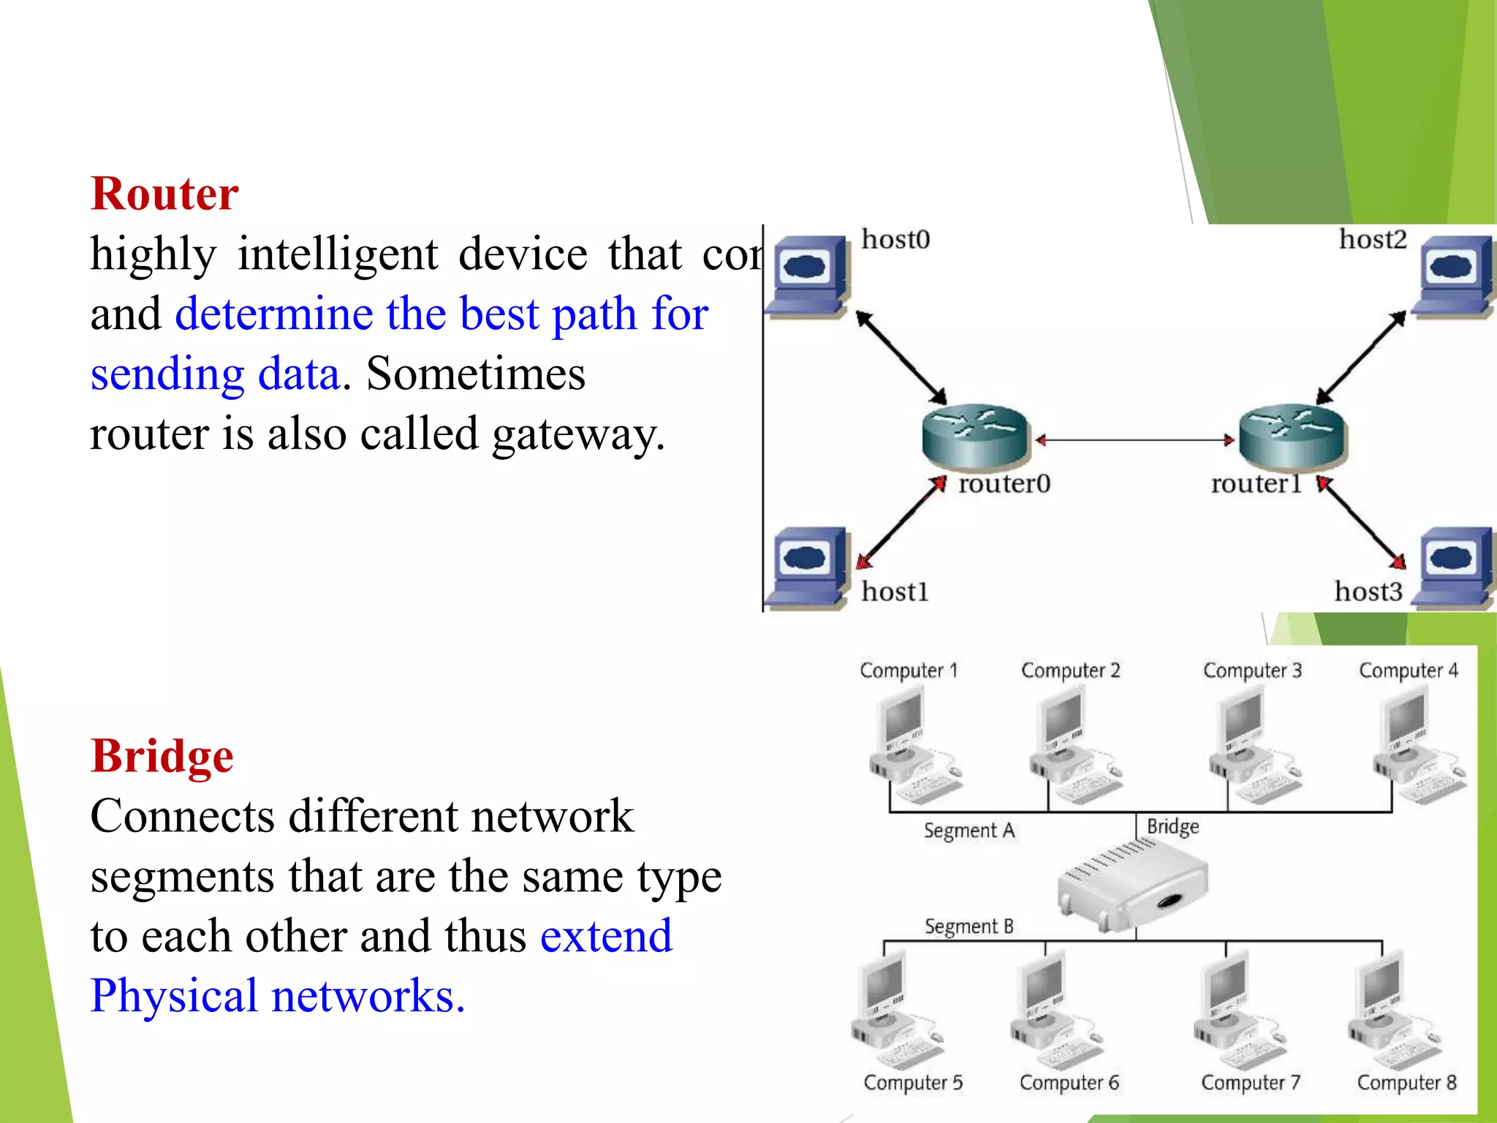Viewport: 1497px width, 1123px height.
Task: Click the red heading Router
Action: [x=164, y=194]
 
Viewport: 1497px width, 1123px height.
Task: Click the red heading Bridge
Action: [x=162, y=756]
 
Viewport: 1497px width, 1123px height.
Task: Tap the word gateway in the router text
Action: [x=577, y=436]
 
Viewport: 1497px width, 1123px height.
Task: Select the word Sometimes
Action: [x=475, y=374]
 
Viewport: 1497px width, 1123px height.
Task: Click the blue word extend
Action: [x=606, y=937]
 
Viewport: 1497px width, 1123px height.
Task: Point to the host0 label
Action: [x=895, y=240]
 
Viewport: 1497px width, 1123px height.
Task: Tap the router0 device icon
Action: [x=975, y=436]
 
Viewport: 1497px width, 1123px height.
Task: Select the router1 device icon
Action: [x=1292, y=436]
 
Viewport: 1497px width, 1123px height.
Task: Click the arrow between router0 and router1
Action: [x=1134, y=440]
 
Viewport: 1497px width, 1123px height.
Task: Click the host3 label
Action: [x=1368, y=591]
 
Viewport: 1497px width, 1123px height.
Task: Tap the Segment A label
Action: [x=969, y=831]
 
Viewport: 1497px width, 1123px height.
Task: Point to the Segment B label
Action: [x=969, y=927]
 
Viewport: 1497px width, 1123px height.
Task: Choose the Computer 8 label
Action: [x=1406, y=1083]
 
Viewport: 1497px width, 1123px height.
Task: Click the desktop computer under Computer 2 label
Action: [x=1071, y=746]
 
